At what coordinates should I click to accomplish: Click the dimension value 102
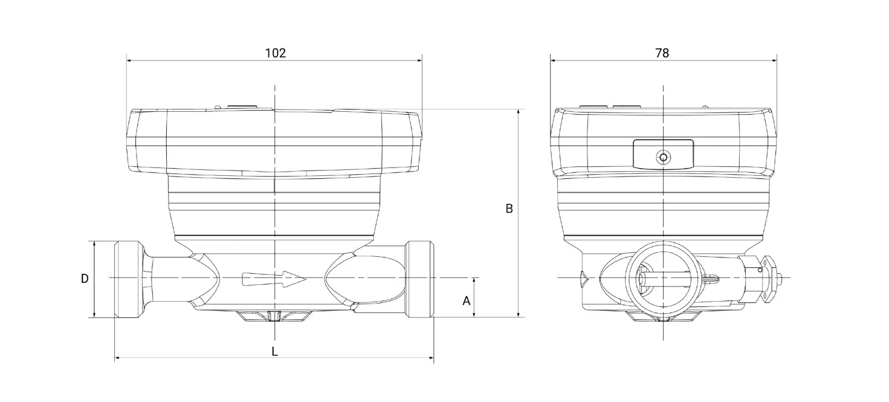pyautogui.click(x=276, y=53)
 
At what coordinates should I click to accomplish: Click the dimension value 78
pyautogui.click(x=662, y=53)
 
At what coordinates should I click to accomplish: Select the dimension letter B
pyautogui.click(x=509, y=209)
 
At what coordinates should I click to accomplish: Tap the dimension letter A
pyautogui.click(x=467, y=301)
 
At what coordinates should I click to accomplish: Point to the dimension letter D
pyautogui.click(x=85, y=279)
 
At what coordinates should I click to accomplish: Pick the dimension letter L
pyautogui.click(x=274, y=351)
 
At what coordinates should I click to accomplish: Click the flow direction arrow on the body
pyautogui.click(x=274, y=279)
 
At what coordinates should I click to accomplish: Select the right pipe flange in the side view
pyautogui.click(x=421, y=279)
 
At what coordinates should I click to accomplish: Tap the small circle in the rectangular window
pyautogui.click(x=663, y=158)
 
